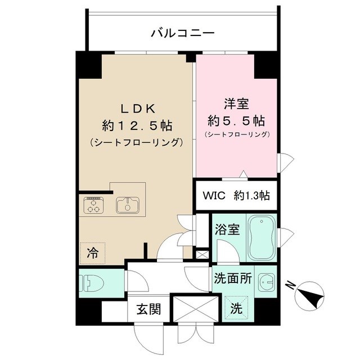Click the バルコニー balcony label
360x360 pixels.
183,34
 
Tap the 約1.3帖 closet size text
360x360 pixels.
251,196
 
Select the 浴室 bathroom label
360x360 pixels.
227,229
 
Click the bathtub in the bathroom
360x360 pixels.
260,236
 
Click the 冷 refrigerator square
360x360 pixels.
92,253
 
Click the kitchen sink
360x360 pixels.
128,205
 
